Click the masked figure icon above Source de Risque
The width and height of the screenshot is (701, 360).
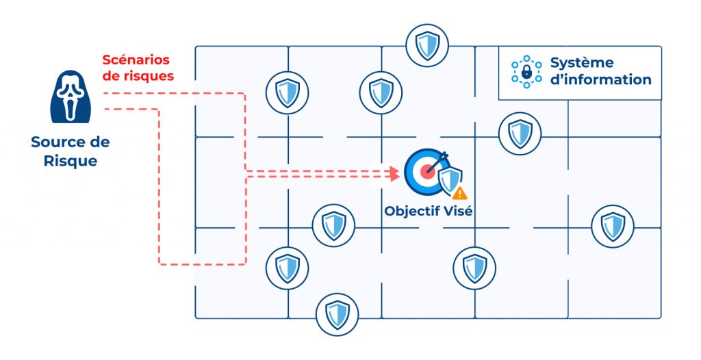(x=71, y=98)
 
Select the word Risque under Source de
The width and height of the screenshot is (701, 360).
(x=71, y=162)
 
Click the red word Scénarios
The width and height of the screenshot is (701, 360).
(x=136, y=60)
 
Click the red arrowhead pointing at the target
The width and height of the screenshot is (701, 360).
(x=394, y=174)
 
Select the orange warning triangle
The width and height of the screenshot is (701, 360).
(x=459, y=194)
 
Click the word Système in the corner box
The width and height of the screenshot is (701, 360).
(x=582, y=63)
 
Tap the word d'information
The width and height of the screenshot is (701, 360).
(x=600, y=79)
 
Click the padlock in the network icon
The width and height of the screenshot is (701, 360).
(x=526, y=72)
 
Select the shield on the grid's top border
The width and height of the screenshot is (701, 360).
(x=426, y=44)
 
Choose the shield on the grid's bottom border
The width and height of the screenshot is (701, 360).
(x=337, y=313)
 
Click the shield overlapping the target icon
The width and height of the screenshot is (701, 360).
(x=449, y=180)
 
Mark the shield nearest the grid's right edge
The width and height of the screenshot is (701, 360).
(x=612, y=225)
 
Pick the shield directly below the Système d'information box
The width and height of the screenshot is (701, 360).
(x=520, y=133)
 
